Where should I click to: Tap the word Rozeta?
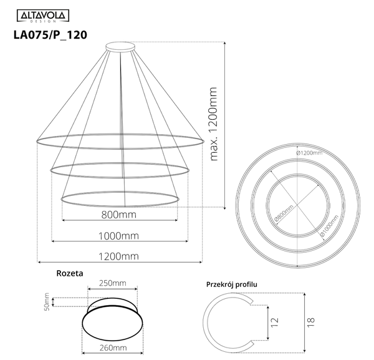click(x=69, y=273)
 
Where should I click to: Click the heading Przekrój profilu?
click(x=232, y=285)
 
